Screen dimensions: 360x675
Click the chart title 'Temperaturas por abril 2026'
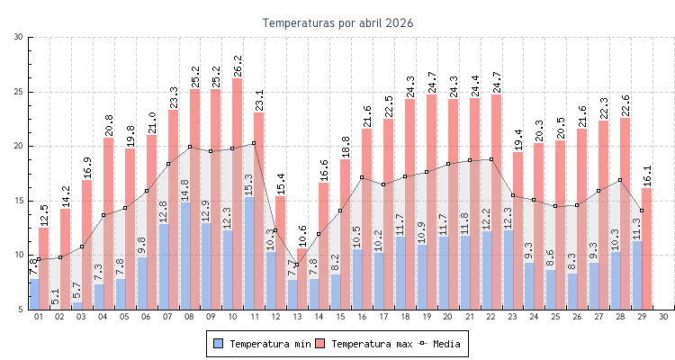click(x=337, y=22)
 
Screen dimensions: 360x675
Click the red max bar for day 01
click(x=43, y=270)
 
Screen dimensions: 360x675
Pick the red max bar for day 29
click(x=646, y=252)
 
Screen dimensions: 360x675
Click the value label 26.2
click(x=237, y=66)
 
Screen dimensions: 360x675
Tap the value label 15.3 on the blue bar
click(x=249, y=185)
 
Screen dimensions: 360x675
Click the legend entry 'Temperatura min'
click(x=263, y=344)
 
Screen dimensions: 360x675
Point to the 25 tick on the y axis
click(x=19, y=92)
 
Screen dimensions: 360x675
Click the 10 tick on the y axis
click(x=19, y=255)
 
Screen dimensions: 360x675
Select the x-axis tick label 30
click(x=663, y=317)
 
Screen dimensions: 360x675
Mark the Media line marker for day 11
click(x=254, y=143)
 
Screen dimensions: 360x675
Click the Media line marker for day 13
click(x=297, y=265)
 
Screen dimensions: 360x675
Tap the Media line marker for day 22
click(x=490, y=159)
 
